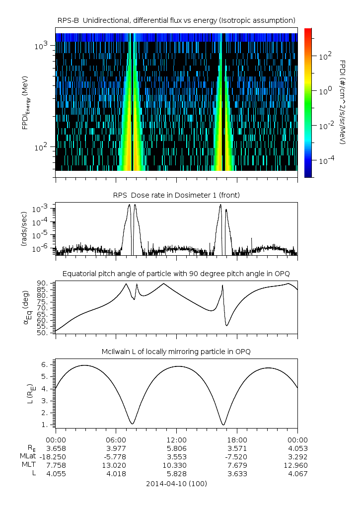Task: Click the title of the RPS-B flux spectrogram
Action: pos(176,20)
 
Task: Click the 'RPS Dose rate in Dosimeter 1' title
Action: pos(176,195)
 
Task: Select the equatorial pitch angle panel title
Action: pos(176,274)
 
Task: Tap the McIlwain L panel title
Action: pos(176,352)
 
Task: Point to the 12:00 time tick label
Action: pos(176,439)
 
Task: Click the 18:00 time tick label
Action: pos(237,439)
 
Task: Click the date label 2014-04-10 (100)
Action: pos(176,483)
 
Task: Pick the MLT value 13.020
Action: pos(116,465)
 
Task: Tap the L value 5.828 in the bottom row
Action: pos(176,474)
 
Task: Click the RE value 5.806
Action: pos(176,448)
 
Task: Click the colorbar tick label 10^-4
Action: pos(324,161)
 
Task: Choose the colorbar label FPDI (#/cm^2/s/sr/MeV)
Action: pos(343,102)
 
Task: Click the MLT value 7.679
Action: pos(237,465)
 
